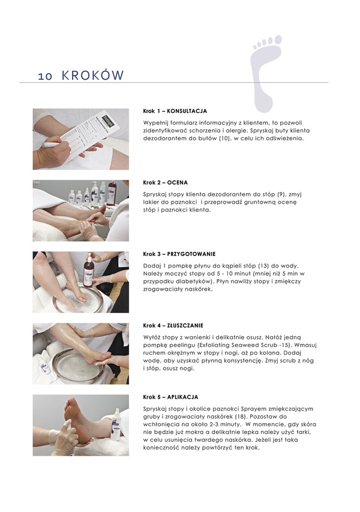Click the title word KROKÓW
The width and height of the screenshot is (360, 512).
[x=93, y=75]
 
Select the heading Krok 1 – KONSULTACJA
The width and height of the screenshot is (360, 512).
[x=175, y=111]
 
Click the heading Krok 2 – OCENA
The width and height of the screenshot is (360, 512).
[x=165, y=182]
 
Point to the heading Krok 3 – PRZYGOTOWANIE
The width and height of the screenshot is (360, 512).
[x=179, y=254]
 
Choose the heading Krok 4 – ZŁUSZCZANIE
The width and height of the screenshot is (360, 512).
[x=173, y=326]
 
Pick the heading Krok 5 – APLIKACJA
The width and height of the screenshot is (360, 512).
[x=170, y=397]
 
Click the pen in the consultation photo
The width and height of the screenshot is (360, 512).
[x=52, y=144]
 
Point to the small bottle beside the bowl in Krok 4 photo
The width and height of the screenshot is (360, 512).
[x=46, y=365]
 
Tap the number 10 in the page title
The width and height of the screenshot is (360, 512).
[x=45, y=76]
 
